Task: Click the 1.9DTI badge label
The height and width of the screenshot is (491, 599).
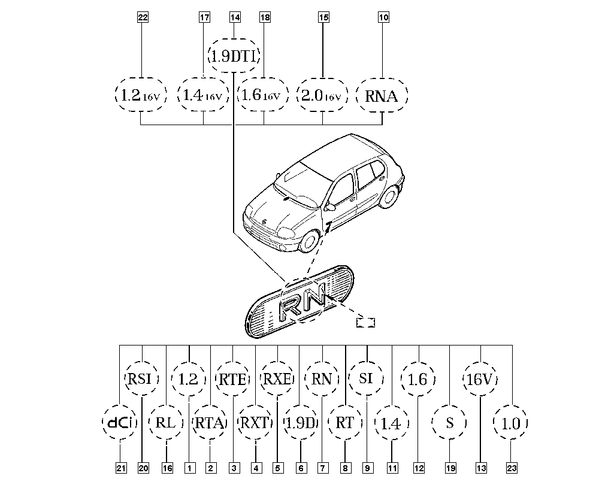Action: point(234,56)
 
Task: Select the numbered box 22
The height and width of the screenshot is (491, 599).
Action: point(143,17)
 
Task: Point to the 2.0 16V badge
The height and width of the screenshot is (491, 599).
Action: point(322,95)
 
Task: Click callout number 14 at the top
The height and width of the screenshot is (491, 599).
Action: point(235,17)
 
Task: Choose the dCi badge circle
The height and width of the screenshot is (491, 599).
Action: point(120,422)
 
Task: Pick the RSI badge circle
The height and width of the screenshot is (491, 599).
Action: point(142,378)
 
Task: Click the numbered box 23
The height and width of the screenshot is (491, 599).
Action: point(512,468)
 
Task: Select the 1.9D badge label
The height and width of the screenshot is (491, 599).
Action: point(301,422)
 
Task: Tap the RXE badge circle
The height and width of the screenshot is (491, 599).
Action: point(278,378)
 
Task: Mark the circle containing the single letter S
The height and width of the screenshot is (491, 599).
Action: point(449,422)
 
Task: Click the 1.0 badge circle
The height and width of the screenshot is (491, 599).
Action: point(511,422)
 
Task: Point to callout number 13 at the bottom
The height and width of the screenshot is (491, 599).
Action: point(481,468)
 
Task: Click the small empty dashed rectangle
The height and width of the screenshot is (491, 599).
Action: point(365,323)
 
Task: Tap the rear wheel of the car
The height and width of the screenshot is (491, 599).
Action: point(389,196)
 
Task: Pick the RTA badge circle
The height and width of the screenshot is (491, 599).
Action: point(210,422)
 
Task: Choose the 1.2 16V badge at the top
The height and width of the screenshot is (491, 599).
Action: point(141,95)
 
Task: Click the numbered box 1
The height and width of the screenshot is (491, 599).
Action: point(189,468)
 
